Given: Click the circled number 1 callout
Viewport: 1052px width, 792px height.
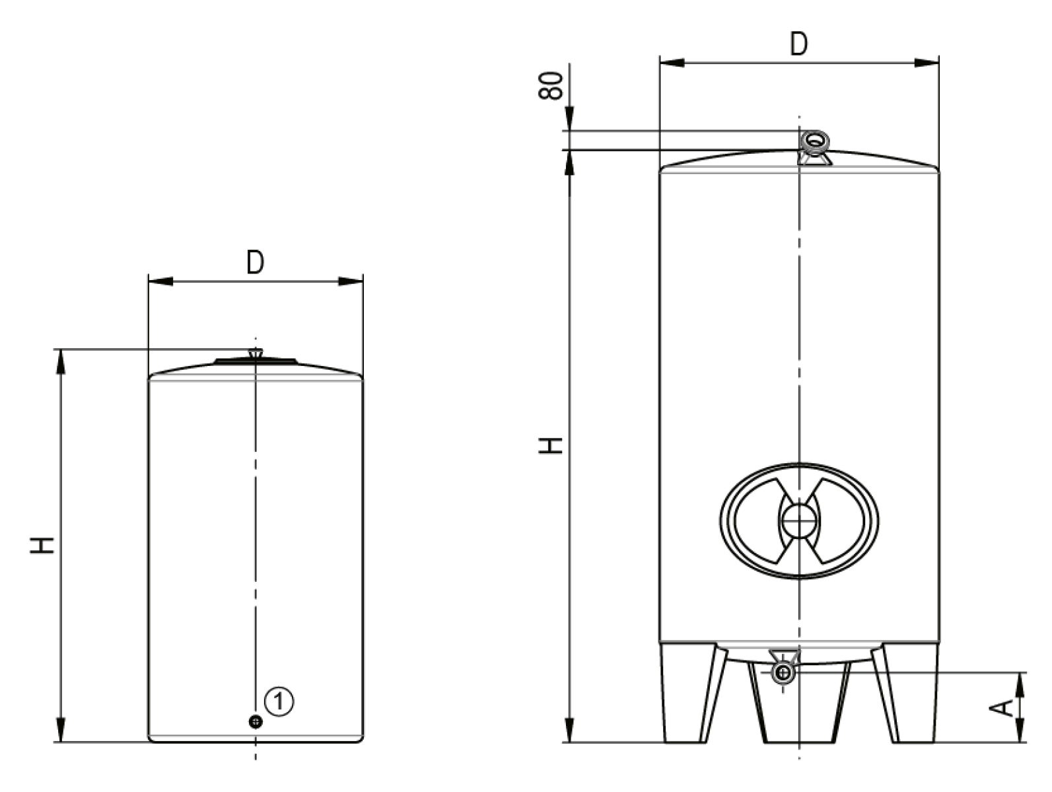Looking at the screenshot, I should coord(279,701).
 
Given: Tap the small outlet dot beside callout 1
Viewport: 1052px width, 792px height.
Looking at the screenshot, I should coord(256,721).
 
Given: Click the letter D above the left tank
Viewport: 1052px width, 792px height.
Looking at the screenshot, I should coord(255,263).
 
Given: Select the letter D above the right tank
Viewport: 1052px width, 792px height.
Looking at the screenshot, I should coord(798,44).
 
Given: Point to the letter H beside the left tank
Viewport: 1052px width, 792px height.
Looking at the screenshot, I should coord(42,545).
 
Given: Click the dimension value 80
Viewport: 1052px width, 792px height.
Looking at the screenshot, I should coord(551,85).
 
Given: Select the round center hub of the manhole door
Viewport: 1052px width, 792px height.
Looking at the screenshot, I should coord(799,521).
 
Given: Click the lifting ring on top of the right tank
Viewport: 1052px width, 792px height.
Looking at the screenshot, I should coord(815,141).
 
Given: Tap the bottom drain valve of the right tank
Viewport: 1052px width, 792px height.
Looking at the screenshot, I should coord(784,672).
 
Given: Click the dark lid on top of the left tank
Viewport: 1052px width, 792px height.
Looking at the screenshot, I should coord(255,361).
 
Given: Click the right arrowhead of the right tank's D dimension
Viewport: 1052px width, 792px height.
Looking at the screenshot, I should coord(927,63).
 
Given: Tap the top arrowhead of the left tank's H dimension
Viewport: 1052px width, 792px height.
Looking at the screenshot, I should coord(61,361).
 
